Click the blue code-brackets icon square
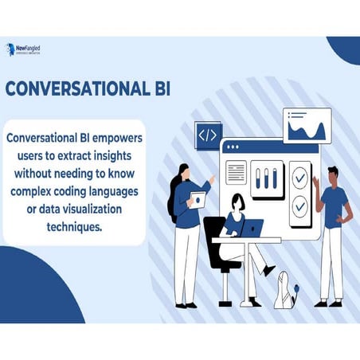click(x=207, y=135)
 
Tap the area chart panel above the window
click(x=307, y=126)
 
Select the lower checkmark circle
click(x=299, y=206)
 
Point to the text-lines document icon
click(x=237, y=171)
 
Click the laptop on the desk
click(x=250, y=229)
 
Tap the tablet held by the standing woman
click(x=197, y=198)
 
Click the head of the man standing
click(x=332, y=174)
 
